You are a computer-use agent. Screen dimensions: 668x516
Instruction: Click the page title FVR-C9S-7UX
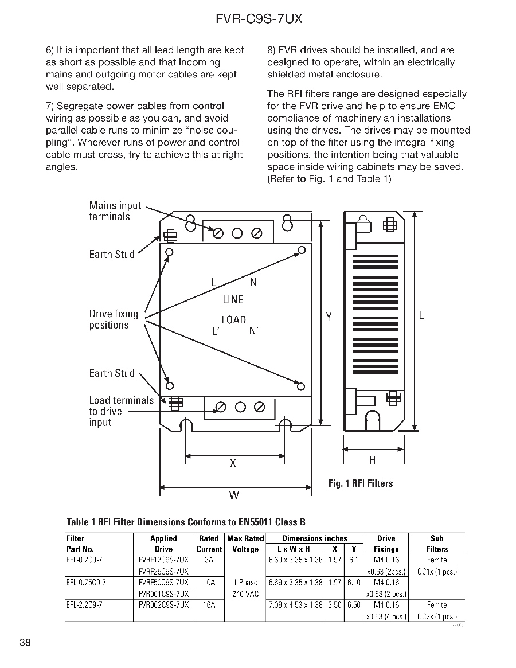point(259,19)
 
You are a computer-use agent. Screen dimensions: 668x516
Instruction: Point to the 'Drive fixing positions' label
point(114,319)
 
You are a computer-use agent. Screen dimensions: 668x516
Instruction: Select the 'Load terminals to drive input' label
point(120,411)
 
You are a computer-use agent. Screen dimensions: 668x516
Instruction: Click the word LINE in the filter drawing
point(233,300)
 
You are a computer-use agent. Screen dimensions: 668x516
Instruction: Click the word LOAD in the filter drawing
point(234,320)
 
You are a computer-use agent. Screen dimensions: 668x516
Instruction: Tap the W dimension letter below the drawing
point(234,495)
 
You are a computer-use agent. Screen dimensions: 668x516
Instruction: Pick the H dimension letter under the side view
point(373,460)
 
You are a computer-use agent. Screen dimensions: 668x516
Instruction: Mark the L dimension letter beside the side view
point(421,315)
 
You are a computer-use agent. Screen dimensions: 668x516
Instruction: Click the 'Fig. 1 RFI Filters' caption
point(361,483)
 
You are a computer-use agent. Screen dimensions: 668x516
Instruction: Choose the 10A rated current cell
point(209,582)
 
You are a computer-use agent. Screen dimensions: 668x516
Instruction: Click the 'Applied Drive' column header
point(163,544)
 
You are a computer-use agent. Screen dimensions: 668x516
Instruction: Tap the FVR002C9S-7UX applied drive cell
point(164,604)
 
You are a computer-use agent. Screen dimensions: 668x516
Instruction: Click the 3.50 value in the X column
point(335,604)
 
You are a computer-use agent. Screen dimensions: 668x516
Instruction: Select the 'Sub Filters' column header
point(437,544)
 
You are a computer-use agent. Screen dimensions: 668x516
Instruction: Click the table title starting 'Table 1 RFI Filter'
point(186,522)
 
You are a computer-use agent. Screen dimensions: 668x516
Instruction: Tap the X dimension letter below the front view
point(233,463)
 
